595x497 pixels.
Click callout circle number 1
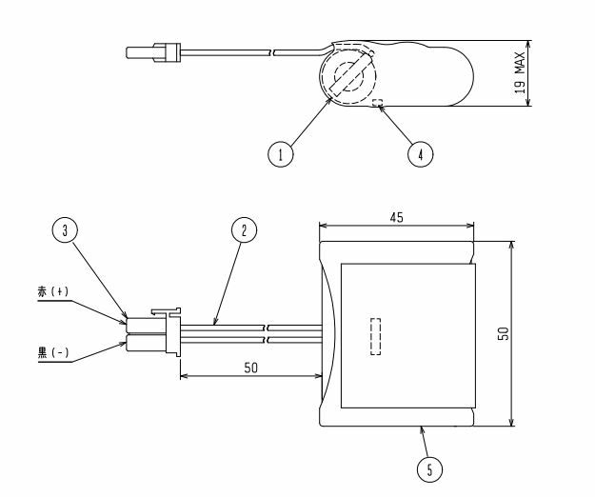[281, 154]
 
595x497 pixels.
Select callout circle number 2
[244, 229]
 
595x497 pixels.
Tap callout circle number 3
[65, 229]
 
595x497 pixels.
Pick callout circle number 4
[421, 154]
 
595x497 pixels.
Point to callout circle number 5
[429, 469]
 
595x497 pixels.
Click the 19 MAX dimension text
[520, 73]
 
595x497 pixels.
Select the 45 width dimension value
[397, 217]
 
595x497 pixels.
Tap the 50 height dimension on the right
[504, 333]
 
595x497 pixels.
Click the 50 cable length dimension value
[250, 368]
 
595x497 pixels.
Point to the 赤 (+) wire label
[53, 291]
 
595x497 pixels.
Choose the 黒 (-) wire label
[53, 352]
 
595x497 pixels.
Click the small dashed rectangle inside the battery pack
[375, 336]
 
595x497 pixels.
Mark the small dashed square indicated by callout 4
[377, 103]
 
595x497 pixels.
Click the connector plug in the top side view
[153, 52]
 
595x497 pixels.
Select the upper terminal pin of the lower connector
[146, 326]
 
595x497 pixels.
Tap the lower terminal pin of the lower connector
[146, 344]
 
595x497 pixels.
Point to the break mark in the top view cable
[272, 52]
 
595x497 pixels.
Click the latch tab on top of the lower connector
[166, 311]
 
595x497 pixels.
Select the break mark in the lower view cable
[268, 333]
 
